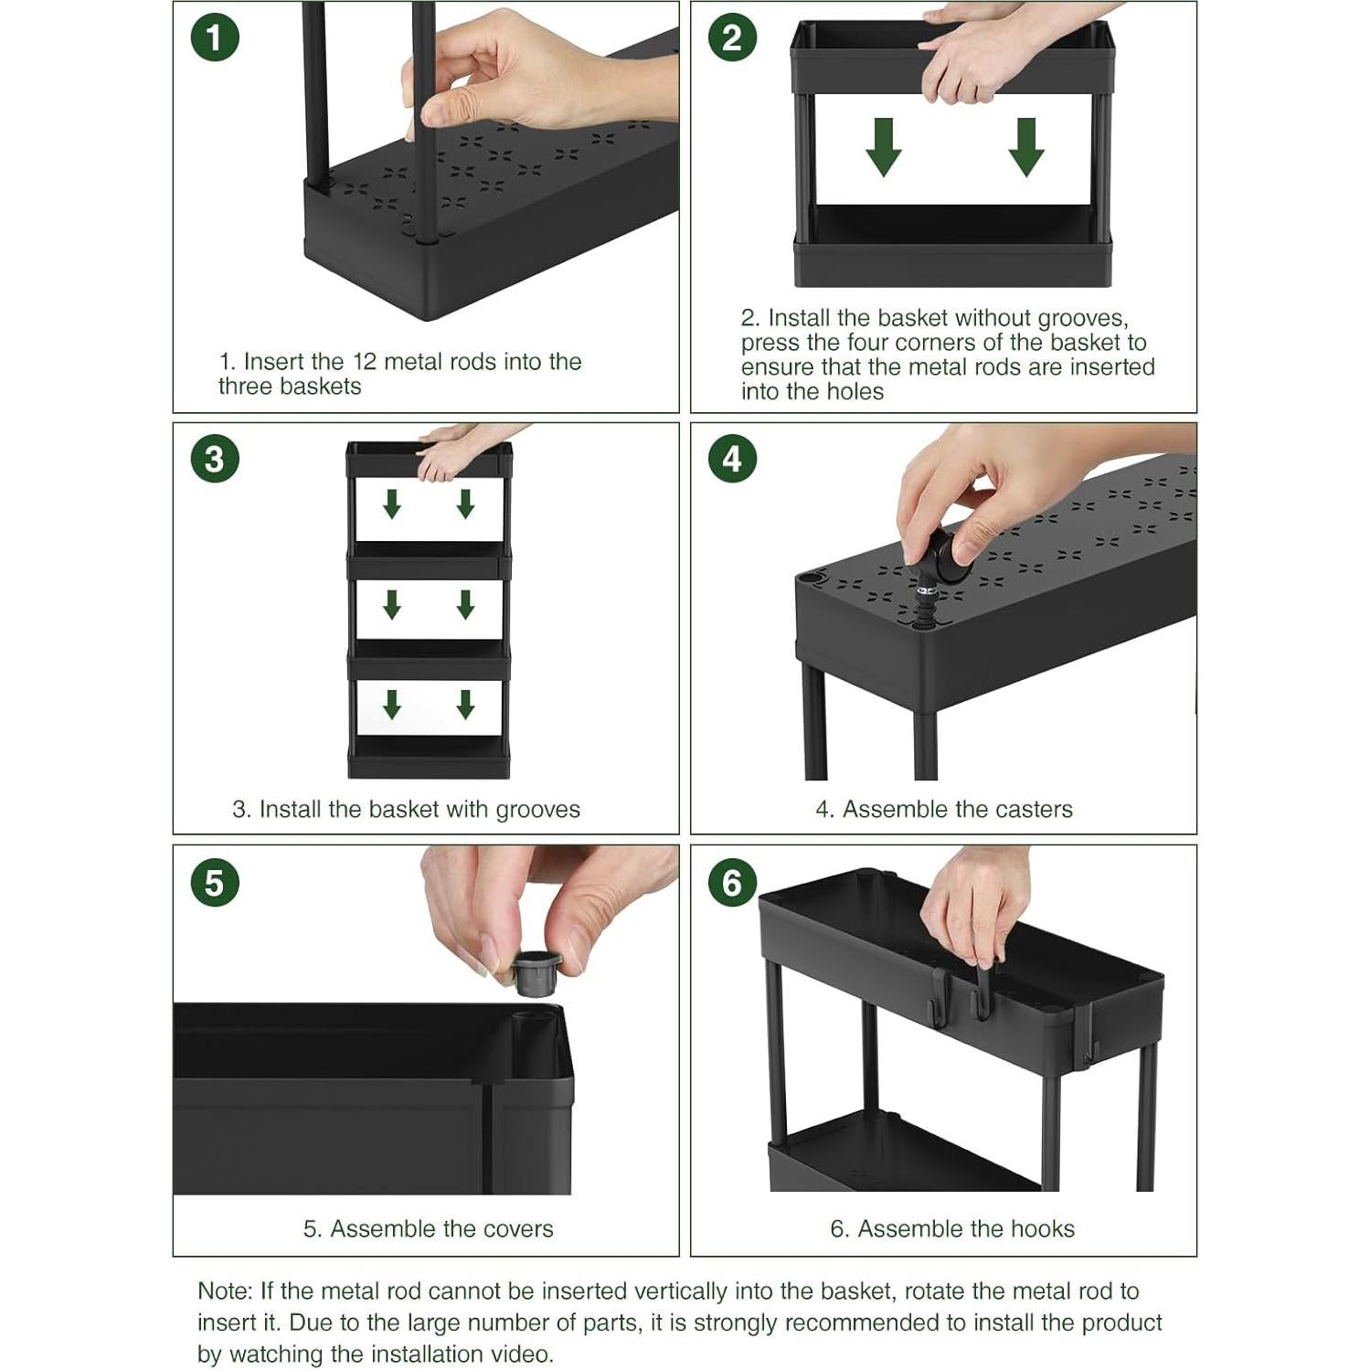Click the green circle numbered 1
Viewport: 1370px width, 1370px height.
[x=215, y=38]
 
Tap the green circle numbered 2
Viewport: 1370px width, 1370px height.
[x=732, y=38]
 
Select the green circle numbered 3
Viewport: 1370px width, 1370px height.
[x=215, y=459]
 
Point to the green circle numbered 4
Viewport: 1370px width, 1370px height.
[x=732, y=459]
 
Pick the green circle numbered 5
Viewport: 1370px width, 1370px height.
[x=215, y=883]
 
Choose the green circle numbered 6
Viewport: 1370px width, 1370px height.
[x=732, y=883]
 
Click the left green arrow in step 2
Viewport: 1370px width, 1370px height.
[x=883, y=147]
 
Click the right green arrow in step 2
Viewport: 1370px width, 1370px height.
[x=1026, y=147]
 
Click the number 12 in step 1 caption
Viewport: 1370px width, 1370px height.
[x=365, y=362]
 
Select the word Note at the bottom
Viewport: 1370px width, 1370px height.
[x=224, y=1291]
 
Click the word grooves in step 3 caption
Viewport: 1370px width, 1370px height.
[x=537, y=810]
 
